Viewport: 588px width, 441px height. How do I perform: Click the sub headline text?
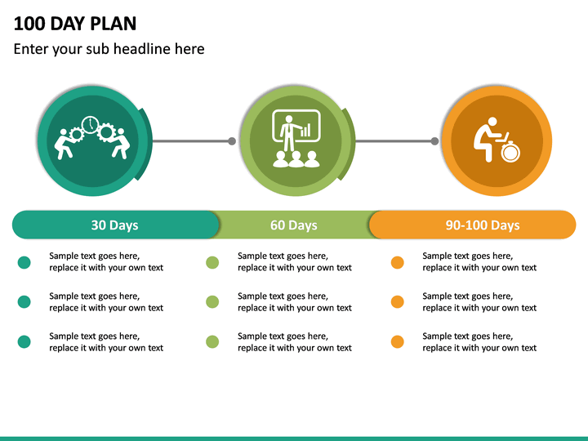(x=109, y=49)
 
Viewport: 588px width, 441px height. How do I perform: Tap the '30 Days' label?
(x=114, y=225)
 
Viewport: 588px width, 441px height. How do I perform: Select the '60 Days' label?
(x=294, y=225)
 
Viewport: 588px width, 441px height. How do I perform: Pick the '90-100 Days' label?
(x=482, y=225)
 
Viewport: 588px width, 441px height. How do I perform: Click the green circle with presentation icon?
(x=296, y=141)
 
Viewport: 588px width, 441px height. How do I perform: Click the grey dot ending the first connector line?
(x=232, y=141)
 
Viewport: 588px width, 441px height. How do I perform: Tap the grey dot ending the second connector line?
(x=434, y=141)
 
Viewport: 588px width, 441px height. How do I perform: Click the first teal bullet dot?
(x=24, y=262)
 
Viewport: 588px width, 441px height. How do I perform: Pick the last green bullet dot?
(x=212, y=342)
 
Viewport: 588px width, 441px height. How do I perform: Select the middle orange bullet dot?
(x=398, y=302)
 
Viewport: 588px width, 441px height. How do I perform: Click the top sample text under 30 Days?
(x=106, y=261)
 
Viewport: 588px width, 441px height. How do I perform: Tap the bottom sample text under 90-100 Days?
(x=479, y=342)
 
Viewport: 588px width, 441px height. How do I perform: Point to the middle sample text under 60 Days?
(x=294, y=302)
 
